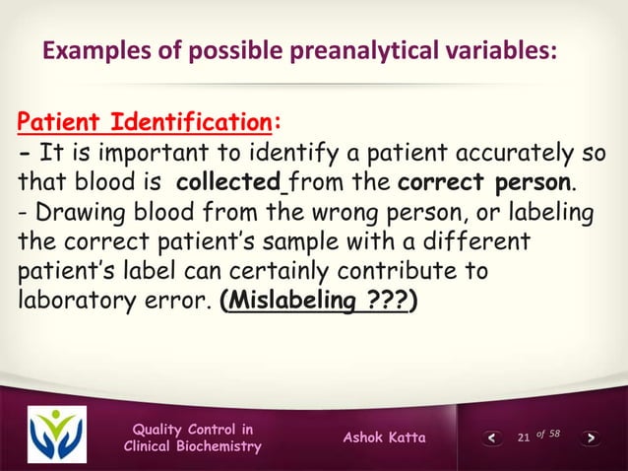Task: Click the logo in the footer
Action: pos(56,435)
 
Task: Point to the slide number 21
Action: pos(523,437)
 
